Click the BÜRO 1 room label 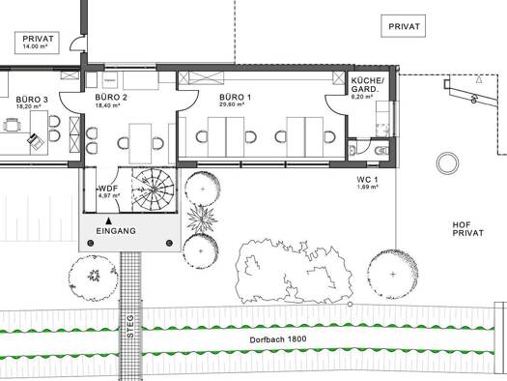tap(235, 97)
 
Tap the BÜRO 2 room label tap(111, 97)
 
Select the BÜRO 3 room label tap(32, 100)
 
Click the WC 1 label tap(367, 179)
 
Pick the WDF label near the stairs tap(108, 189)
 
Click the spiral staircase tap(154, 189)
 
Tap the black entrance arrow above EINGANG tap(109, 220)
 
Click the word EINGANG tap(116, 231)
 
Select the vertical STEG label tap(130, 326)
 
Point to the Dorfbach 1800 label tap(278, 339)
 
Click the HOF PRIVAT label tap(467, 229)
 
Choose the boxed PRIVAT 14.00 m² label tap(37, 43)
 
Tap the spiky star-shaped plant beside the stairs tap(202, 220)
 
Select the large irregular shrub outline tap(294, 272)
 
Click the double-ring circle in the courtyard tap(447, 162)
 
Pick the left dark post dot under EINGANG tap(91, 243)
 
